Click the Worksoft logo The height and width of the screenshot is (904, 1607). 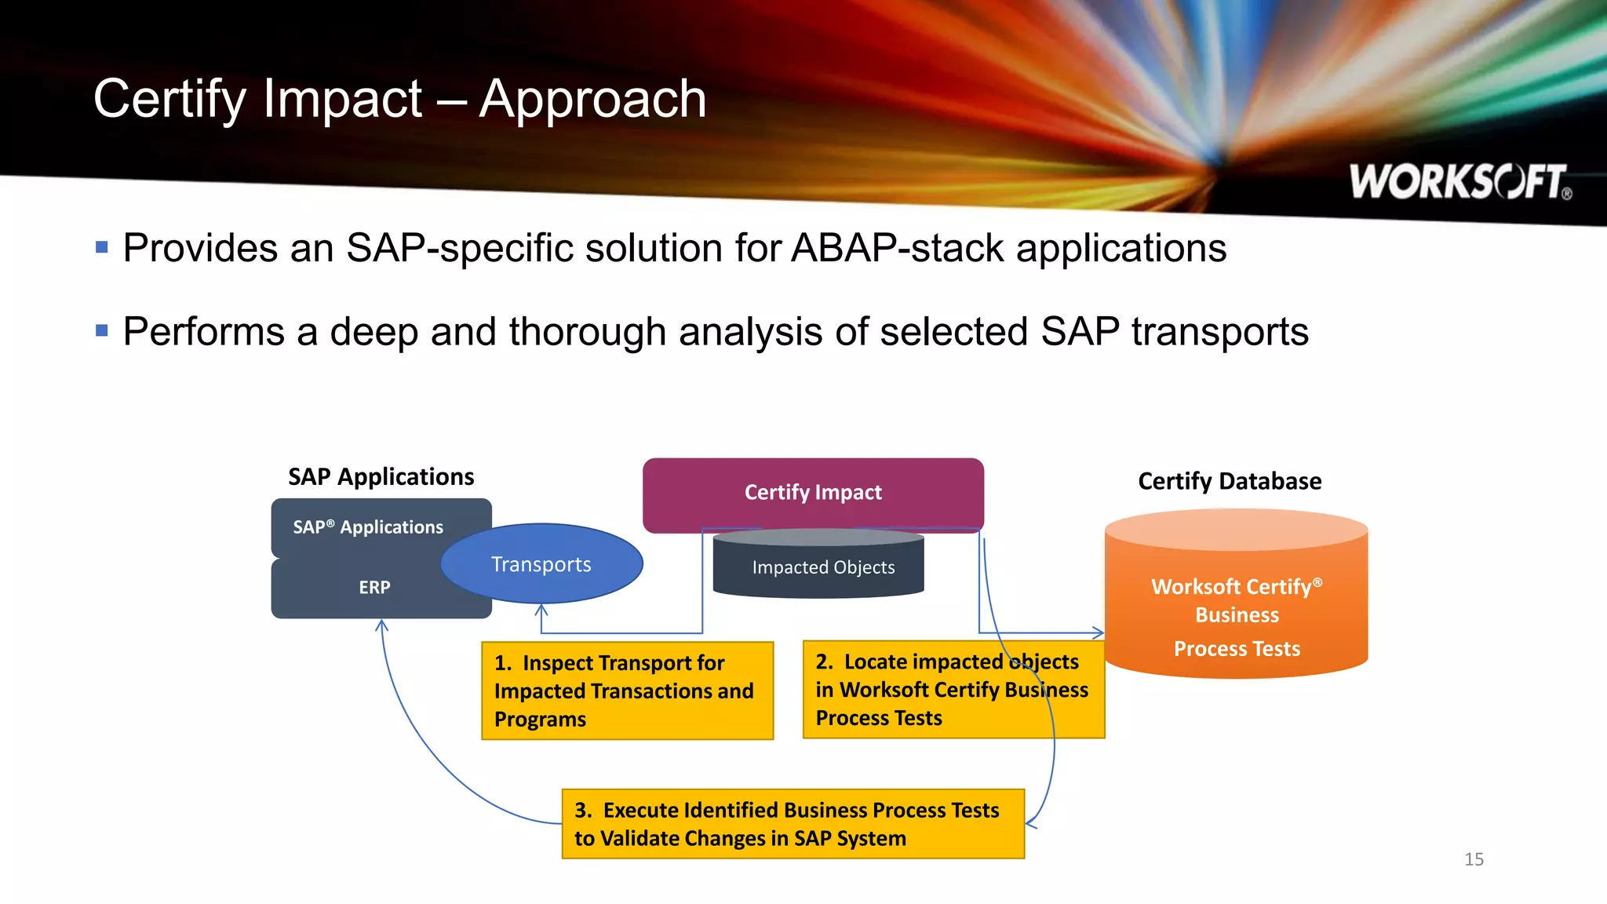click(1459, 182)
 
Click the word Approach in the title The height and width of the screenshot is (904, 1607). click(592, 100)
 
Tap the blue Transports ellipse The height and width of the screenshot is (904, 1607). click(541, 564)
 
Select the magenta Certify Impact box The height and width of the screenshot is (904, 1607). click(813, 493)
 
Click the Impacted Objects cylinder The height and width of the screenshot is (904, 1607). click(819, 567)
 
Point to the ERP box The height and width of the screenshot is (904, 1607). click(374, 588)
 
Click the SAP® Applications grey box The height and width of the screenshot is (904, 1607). click(368, 527)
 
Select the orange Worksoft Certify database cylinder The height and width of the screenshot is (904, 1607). click(1236, 604)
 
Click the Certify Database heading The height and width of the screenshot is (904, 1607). click(1230, 481)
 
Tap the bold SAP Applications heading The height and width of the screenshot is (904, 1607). click(381, 477)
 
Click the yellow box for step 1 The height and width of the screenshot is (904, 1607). click(627, 691)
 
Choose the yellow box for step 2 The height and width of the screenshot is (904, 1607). click(953, 690)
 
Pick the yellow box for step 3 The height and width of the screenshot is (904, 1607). click(793, 824)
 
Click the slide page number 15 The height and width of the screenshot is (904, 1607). click(1474, 859)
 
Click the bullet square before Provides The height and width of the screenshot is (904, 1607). click(102, 248)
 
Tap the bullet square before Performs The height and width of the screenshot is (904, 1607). click(102, 330)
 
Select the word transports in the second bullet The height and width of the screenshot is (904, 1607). click(1219, 332)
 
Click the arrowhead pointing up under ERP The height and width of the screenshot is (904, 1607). click(382, 625)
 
